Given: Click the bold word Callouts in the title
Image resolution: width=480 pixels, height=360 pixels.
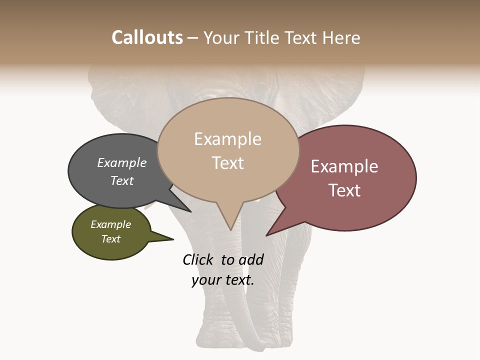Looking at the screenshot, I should (x=147, y=37).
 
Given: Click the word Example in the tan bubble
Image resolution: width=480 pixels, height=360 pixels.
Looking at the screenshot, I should (x=227, y=139).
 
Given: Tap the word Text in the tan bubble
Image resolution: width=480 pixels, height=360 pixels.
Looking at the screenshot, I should (x=227, y=163).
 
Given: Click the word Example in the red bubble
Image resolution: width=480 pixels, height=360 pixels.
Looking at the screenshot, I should (x=344, y=166).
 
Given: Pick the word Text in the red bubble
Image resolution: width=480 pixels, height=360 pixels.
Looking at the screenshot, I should (x=344, y=190).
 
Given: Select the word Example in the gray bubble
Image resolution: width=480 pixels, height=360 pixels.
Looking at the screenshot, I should (x=121, y=162).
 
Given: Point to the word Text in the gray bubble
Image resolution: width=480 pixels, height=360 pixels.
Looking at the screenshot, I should (x=121, y=180).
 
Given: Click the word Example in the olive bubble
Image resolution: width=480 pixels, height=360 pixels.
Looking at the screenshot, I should (x=110, y=224).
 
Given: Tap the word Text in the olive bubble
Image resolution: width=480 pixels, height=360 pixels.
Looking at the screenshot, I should (x=110, y=239).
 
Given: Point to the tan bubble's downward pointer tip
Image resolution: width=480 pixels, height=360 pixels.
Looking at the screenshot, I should (x=230, y=229).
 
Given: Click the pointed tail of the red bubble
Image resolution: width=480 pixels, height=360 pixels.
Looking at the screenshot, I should (x=268, y=234).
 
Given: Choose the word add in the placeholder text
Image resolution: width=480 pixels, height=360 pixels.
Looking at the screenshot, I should (x=250, y=259).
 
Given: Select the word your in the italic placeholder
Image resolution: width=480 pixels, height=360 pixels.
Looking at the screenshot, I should (x=205, y=280).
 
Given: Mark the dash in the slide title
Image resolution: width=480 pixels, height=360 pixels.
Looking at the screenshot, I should (x=193, y=38).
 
